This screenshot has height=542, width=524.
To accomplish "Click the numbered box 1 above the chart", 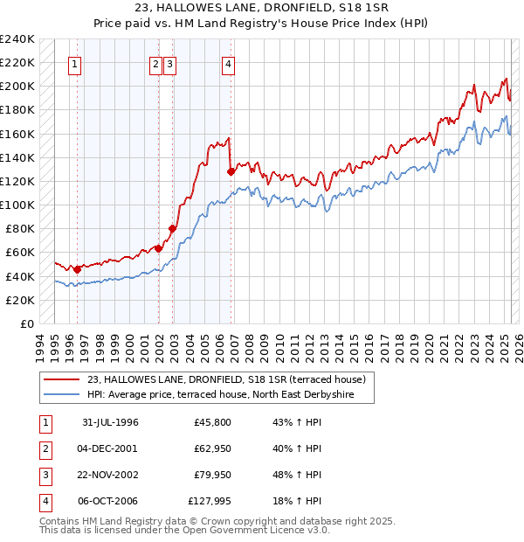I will click(x=75, y=64).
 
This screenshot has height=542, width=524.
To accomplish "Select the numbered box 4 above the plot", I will click(x=228, y=64).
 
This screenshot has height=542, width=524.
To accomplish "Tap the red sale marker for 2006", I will click(x=231, y=171).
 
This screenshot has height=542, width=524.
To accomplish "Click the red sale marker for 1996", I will click(x=77, y=269).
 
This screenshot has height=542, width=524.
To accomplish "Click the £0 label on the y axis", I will click(x=26, y=323).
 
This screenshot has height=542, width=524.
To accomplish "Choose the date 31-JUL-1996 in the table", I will click(x=110, y=423).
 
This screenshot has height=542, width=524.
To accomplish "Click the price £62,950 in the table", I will click(x=210, y=448).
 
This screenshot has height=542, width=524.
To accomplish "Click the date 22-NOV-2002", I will click(x=110, y=475).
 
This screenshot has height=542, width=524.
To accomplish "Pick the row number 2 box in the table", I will click(x=45, y=449).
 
